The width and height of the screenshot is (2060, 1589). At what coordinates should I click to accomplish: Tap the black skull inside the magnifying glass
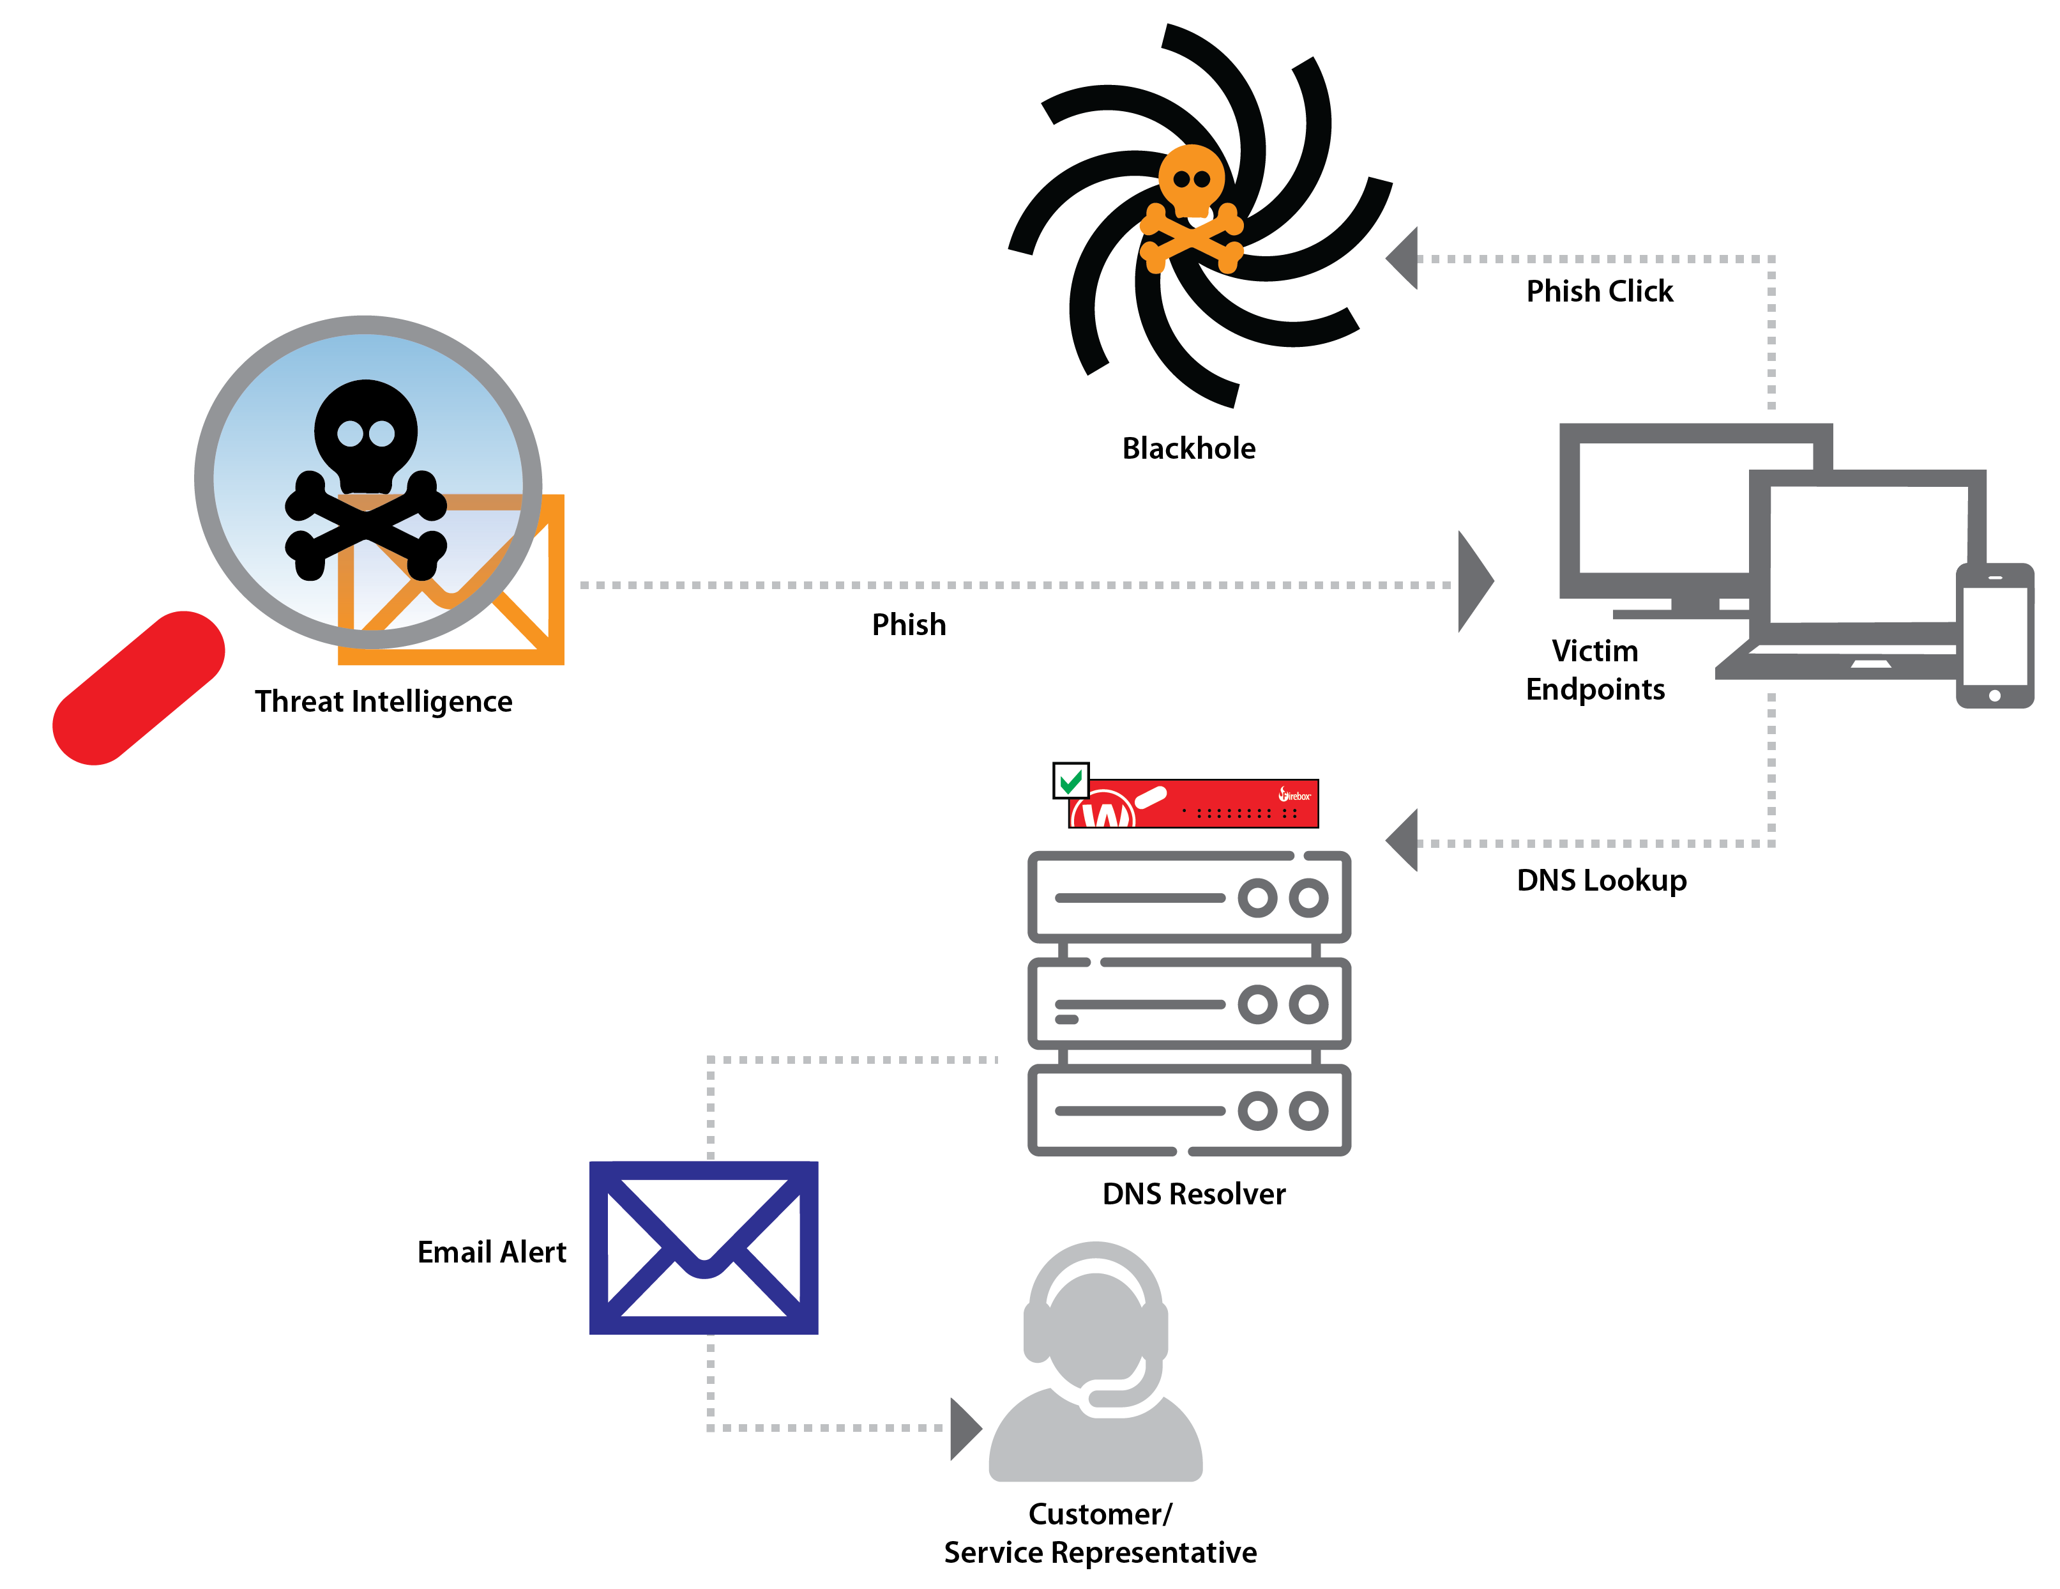(x=366, y=434)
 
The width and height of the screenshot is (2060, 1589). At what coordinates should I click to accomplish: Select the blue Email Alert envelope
(x=704, y=1247)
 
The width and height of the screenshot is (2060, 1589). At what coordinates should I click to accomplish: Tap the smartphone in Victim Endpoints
(x=1994, y=635)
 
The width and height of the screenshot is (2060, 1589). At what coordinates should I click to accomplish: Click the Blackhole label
(x=1188, y=448)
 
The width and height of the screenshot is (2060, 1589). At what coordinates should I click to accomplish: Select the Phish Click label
(x=1600, y=291)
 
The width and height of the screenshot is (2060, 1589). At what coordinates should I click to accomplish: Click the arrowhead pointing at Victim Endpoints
(x=1474, y=581)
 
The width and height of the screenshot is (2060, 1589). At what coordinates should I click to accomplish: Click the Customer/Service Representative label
(x=1100, y=1532)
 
